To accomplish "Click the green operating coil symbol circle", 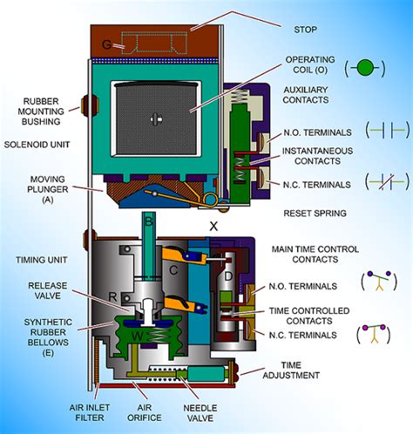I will pos(366,67).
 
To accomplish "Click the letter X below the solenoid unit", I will pos(213,226).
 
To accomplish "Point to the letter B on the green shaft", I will pos(148,223).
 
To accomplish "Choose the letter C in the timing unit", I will pos(174,271).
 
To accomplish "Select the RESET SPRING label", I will pos(315,213).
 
